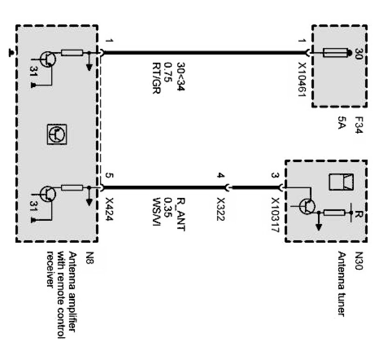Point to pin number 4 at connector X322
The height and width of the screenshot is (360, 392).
coord(221,176)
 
